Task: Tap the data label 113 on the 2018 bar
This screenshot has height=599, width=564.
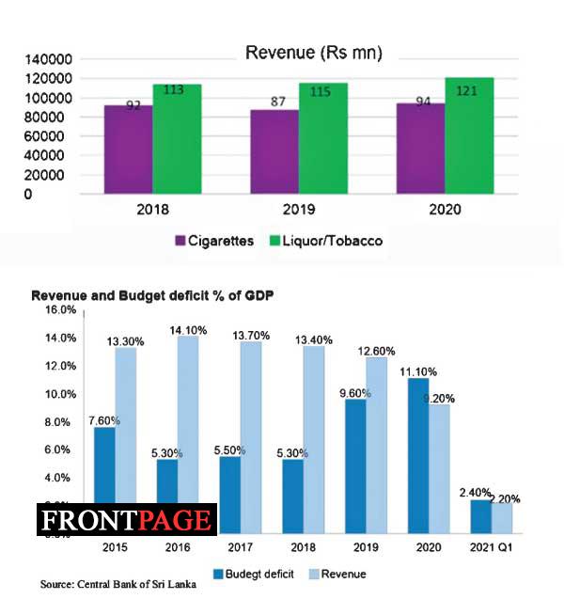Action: tap(176, 91)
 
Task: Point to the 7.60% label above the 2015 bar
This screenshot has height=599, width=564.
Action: tap(105, 421)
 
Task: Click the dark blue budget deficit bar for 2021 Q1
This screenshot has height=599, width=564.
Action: tap(480, 516)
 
